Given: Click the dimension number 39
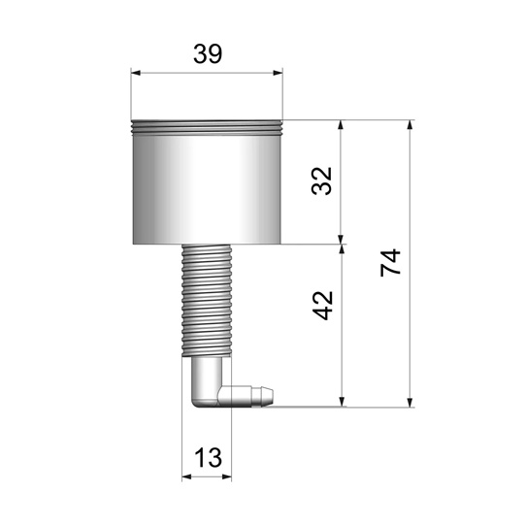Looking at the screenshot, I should click(207, 54).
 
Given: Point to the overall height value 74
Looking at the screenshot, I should click(390, 263).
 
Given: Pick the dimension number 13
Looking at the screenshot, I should click(206, 457).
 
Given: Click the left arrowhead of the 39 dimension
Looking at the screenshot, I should click(137, 72).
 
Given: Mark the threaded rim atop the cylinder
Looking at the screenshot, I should click(207, 125).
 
